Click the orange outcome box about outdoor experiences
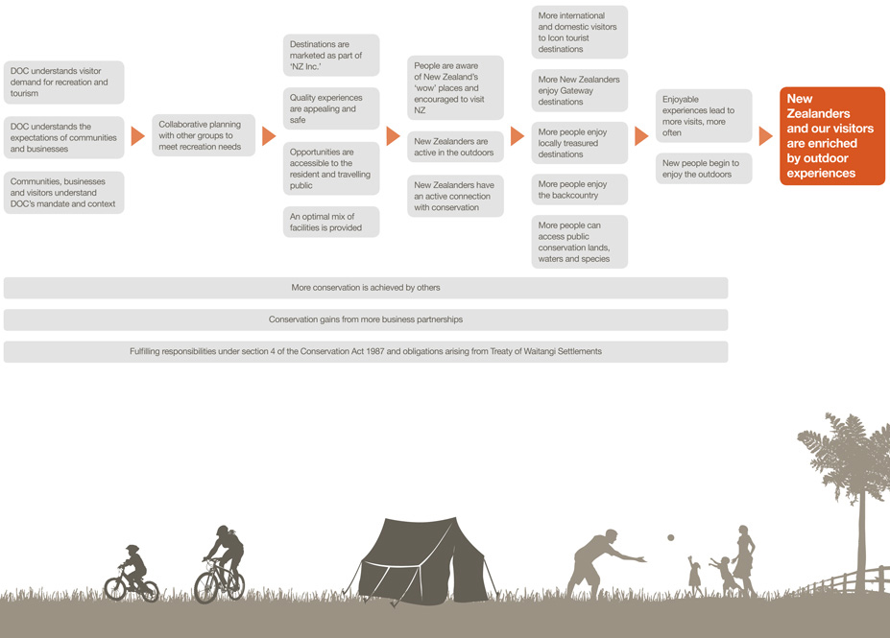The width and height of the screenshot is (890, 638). pos(831,135)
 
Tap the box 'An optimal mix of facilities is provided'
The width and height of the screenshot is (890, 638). pos(331,223)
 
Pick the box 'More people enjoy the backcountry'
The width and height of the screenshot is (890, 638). pos(579,190)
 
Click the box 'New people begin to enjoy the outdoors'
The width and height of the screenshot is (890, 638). pos(704,169)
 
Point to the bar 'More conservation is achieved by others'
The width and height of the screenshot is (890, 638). pos(366,288)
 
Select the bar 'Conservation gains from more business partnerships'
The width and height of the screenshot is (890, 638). pos(366,319)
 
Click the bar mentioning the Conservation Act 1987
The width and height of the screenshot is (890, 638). pos(366,352)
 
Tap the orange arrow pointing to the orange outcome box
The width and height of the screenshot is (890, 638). pos(765,136)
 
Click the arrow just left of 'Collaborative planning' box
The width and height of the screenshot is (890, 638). pos(137,136)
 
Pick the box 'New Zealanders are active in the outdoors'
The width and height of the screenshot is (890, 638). pos(455,147)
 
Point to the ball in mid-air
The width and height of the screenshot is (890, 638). pos(670,538)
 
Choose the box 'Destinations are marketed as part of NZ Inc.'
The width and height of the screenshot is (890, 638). pos(331,56)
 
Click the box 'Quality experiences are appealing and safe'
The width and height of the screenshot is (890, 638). pos(331,108)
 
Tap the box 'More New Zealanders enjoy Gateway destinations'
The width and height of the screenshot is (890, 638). pos(579,90)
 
